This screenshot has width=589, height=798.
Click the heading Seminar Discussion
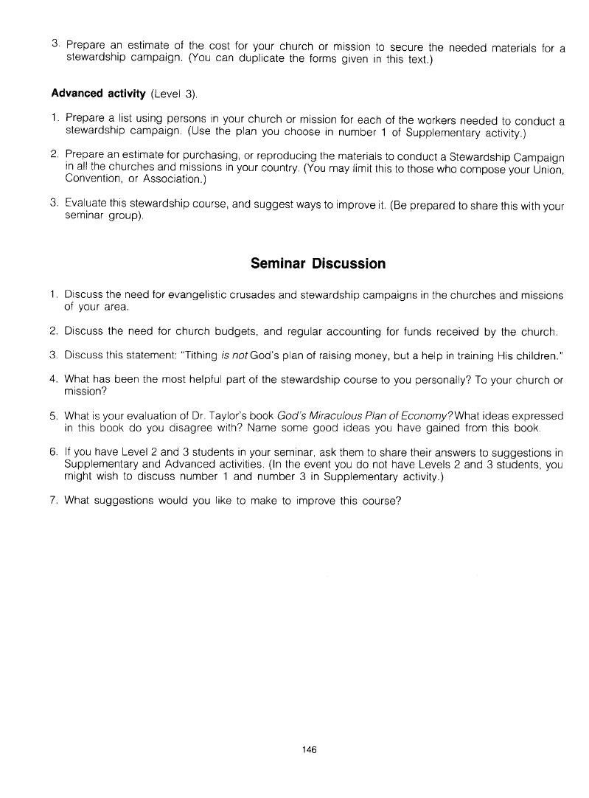pyautogui.click(x=318, y=263)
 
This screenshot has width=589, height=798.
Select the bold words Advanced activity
pyautogui.click(x=99, y=94)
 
